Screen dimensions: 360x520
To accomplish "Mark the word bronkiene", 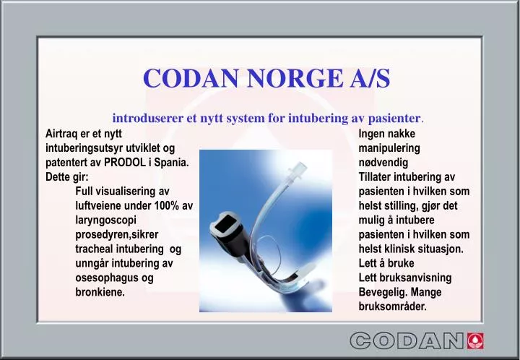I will point(100,293).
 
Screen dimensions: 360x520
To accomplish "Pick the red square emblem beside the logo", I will point(476,340).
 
